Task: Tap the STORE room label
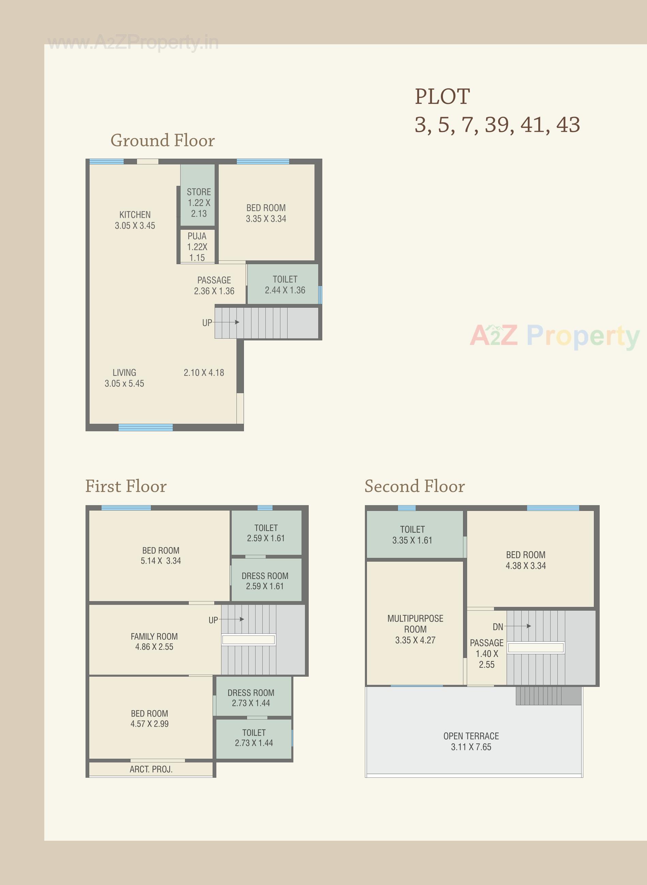(199, 192)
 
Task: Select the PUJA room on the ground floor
(197, 246)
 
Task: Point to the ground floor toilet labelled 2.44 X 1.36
(285, 285)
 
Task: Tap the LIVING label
(124, 372)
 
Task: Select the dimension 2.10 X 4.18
(204, 372)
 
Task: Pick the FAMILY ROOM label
(154, 637)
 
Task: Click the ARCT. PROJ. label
(151, 770)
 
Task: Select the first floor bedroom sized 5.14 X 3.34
(160, 556)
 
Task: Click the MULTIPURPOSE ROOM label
(415, 624)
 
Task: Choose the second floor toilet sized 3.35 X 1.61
(412, 535)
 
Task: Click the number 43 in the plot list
(568, 125)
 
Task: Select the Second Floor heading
(414, 486)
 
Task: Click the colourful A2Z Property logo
(555, 336)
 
